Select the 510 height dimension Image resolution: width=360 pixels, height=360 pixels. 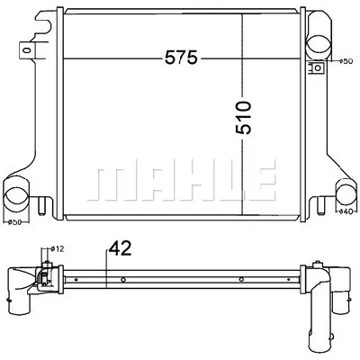pos(244,115)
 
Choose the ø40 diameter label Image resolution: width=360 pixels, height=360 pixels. pos(344,212)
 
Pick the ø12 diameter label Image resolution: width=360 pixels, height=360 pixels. pos(55,248)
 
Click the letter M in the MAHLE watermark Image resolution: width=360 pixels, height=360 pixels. pos(110,181)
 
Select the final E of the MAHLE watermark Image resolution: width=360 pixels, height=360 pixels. pos(260,181)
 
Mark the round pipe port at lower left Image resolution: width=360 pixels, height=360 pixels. pos(20,193)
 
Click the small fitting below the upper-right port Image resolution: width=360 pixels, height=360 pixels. pos(317,68)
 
